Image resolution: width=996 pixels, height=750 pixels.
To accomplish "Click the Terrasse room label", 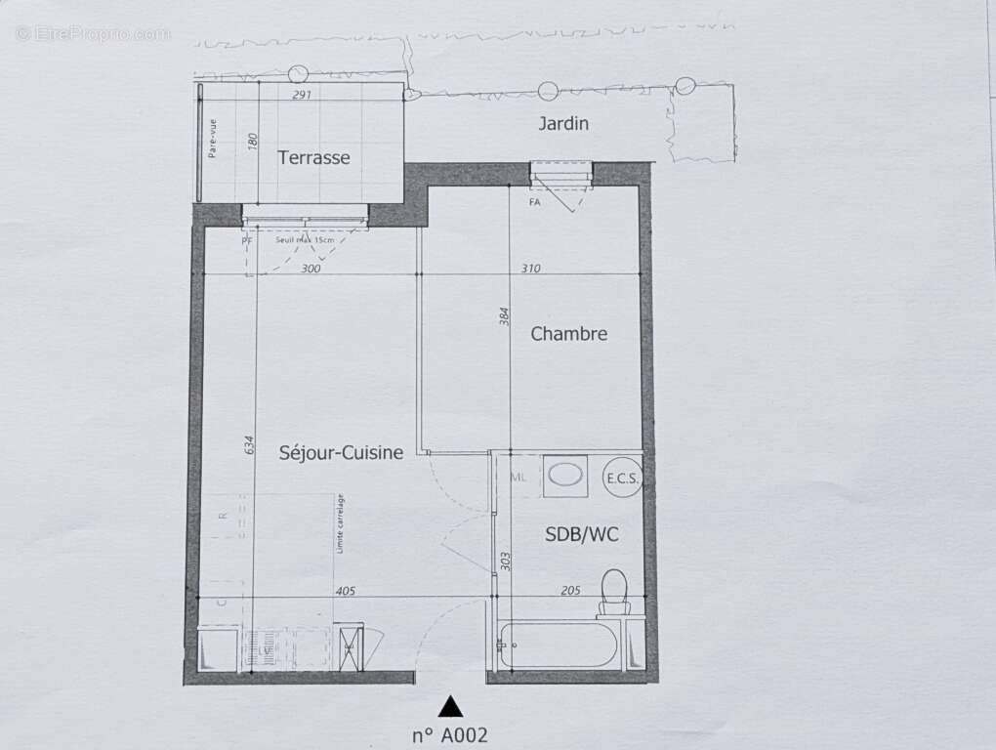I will pos(313,157).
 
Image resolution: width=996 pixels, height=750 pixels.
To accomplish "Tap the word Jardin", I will pos(563,124).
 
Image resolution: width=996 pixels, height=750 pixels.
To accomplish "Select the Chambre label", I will pos(568,334).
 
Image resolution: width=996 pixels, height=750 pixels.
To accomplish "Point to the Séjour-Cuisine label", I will pos(341,452).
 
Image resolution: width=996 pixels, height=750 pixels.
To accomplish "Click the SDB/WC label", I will pos(581,534).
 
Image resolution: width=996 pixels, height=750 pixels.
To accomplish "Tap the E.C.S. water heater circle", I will pos(622,478).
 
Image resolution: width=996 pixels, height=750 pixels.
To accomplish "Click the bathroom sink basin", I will pos(563,476).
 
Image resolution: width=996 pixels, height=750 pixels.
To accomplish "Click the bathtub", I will pos(559,646).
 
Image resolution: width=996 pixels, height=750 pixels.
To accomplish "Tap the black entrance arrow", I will pos(449,705).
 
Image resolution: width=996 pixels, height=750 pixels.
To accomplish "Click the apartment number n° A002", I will pos(449,735).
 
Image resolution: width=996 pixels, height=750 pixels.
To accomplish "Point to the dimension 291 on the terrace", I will pos(302,96).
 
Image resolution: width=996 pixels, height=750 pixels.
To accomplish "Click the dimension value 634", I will pos(250,445).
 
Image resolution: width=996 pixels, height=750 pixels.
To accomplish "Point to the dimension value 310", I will pos(530,269).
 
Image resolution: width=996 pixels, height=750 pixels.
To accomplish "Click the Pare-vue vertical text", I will pos(212,138).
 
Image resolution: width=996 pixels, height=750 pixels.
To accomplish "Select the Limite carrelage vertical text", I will pos(340,523).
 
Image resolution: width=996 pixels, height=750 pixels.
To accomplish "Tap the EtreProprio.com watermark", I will pos(93,34).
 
